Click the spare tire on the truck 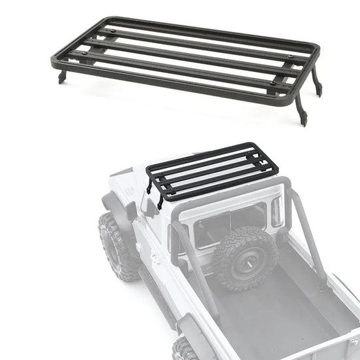(244, 257)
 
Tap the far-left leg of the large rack (61, 77)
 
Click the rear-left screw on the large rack (115, 29)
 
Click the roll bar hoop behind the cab (298, 216)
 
